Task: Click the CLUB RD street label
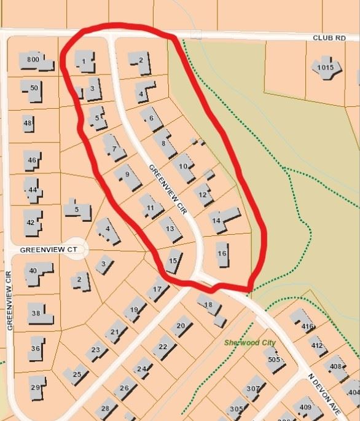pyautogui.click(x=329, y=38)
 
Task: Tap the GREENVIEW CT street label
pyautogui.click(x=48, y=250)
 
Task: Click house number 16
pyautogui.click(x=222, y=253)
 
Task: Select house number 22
pyautogui.click(x=163, y=347)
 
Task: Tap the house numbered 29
pyautogui.click(x=36, y=387)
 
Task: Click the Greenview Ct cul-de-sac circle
pyautogui.click(x=77, y=250)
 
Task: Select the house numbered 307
pyautogui.click(x=252, y=388)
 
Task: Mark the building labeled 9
pyautogui.click(x=127, y=175)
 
